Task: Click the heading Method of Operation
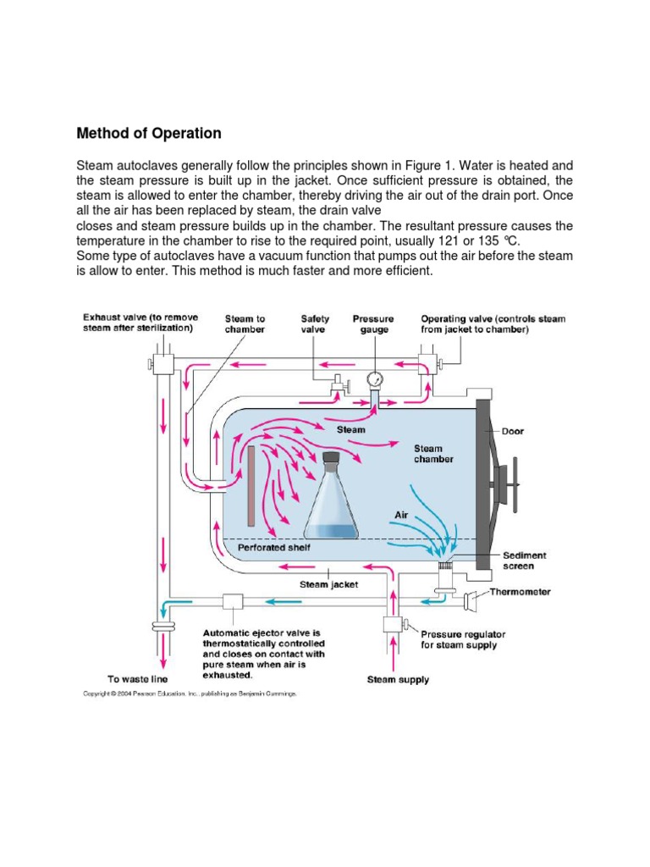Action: point(149,133)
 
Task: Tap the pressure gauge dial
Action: point(376,378)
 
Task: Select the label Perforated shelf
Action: point(273,548)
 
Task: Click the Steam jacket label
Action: point(329,583)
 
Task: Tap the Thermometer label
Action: point(521,592)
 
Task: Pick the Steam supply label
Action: point(398,679)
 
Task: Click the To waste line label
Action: point(138,679)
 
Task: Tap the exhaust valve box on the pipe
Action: point(161,364)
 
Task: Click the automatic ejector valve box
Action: point(232,602)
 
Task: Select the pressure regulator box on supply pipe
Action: point(392,625)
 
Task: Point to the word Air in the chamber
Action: point(403,514)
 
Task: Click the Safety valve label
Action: point(316,324)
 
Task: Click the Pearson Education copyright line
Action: point(189,693)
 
